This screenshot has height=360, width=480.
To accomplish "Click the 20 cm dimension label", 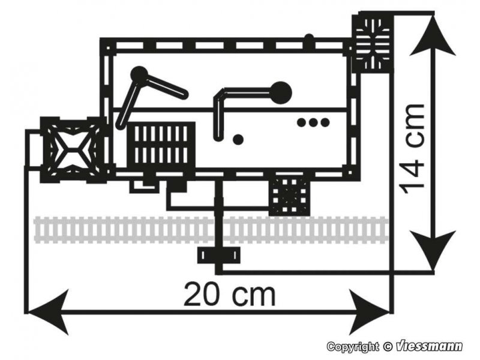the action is pos(230,295).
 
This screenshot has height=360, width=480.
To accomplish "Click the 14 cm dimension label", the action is pos(413,149).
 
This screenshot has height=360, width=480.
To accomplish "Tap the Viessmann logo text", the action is pos(429,346).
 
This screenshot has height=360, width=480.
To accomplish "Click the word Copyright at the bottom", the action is pos(353,347).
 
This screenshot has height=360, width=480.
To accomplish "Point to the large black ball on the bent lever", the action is pos(281,92).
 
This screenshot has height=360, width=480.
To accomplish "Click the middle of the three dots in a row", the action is pos(313,122).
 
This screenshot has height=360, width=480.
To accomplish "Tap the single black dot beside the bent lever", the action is pos(238,139).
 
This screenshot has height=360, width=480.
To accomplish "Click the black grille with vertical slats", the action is pos(161,145).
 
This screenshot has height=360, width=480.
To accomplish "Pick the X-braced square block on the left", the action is pos(72,150).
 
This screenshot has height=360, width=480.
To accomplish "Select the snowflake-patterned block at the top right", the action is pos(372,43).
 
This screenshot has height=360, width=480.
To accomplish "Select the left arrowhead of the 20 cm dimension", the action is pos(47,312).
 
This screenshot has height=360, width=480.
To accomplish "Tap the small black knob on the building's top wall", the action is pos(309,39).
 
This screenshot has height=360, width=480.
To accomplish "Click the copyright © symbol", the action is pos(387,347).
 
